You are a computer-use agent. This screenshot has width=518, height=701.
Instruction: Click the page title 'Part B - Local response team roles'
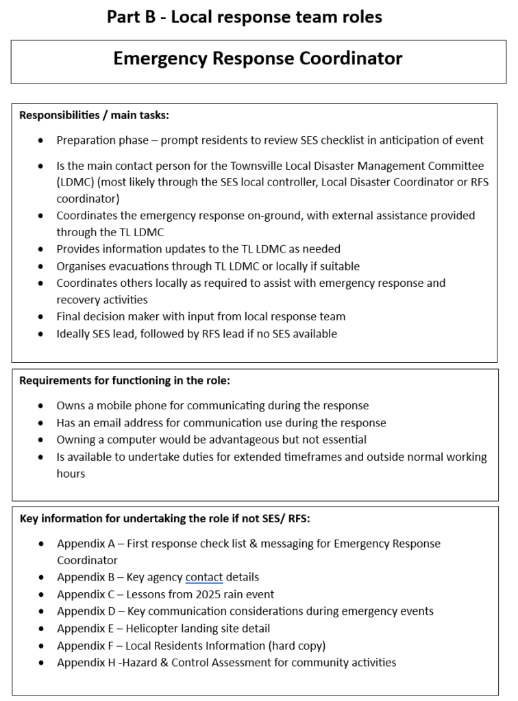point(244,17)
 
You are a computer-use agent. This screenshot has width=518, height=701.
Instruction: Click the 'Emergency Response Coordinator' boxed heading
point(258,59)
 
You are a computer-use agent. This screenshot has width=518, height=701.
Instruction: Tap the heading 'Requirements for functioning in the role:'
point(124,381)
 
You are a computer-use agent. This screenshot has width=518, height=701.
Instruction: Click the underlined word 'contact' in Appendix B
point(203,577)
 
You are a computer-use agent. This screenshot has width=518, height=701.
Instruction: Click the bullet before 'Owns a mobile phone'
point(42,406)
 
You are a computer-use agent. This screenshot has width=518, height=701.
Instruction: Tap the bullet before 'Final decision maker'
point(42,317)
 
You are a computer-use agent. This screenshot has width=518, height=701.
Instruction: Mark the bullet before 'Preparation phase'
point(42,140)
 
